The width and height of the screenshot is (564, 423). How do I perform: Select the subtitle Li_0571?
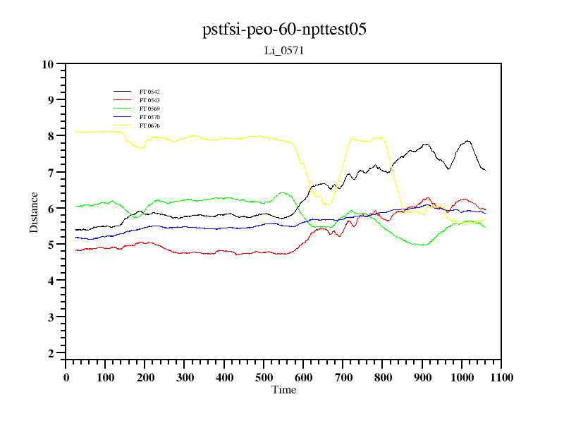(x=283, y=51)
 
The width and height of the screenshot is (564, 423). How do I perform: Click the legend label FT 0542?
(x=149, y=92)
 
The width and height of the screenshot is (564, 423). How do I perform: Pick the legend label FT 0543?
(x=149, y=100)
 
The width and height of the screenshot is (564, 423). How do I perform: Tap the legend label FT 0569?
(x=149, y=109)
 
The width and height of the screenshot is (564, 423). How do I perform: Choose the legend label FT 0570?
(x=149, y=117)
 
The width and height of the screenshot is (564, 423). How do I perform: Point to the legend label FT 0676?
(x=149, y=125)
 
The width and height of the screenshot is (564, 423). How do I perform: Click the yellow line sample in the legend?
(x=123, y=125)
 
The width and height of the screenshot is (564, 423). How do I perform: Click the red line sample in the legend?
(x=123, y=100)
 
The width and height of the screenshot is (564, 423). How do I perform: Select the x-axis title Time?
(x=284, y=390)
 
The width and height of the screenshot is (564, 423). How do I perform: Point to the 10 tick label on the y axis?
(x=47, y=64)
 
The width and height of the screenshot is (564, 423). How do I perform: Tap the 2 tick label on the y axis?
(x=50, y=353)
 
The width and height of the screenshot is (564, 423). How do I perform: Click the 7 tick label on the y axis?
(x=50, y=173)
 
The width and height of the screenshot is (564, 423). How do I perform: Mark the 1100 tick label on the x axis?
(x=501, y=377)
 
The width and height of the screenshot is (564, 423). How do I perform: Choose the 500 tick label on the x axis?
(x=264, y=377)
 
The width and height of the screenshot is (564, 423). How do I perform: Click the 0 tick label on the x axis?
(x=66, y=377)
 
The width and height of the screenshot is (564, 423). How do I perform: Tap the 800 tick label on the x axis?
(x=382, y=377)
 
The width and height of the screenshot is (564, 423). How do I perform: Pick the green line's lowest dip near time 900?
(x=422, y=245)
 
